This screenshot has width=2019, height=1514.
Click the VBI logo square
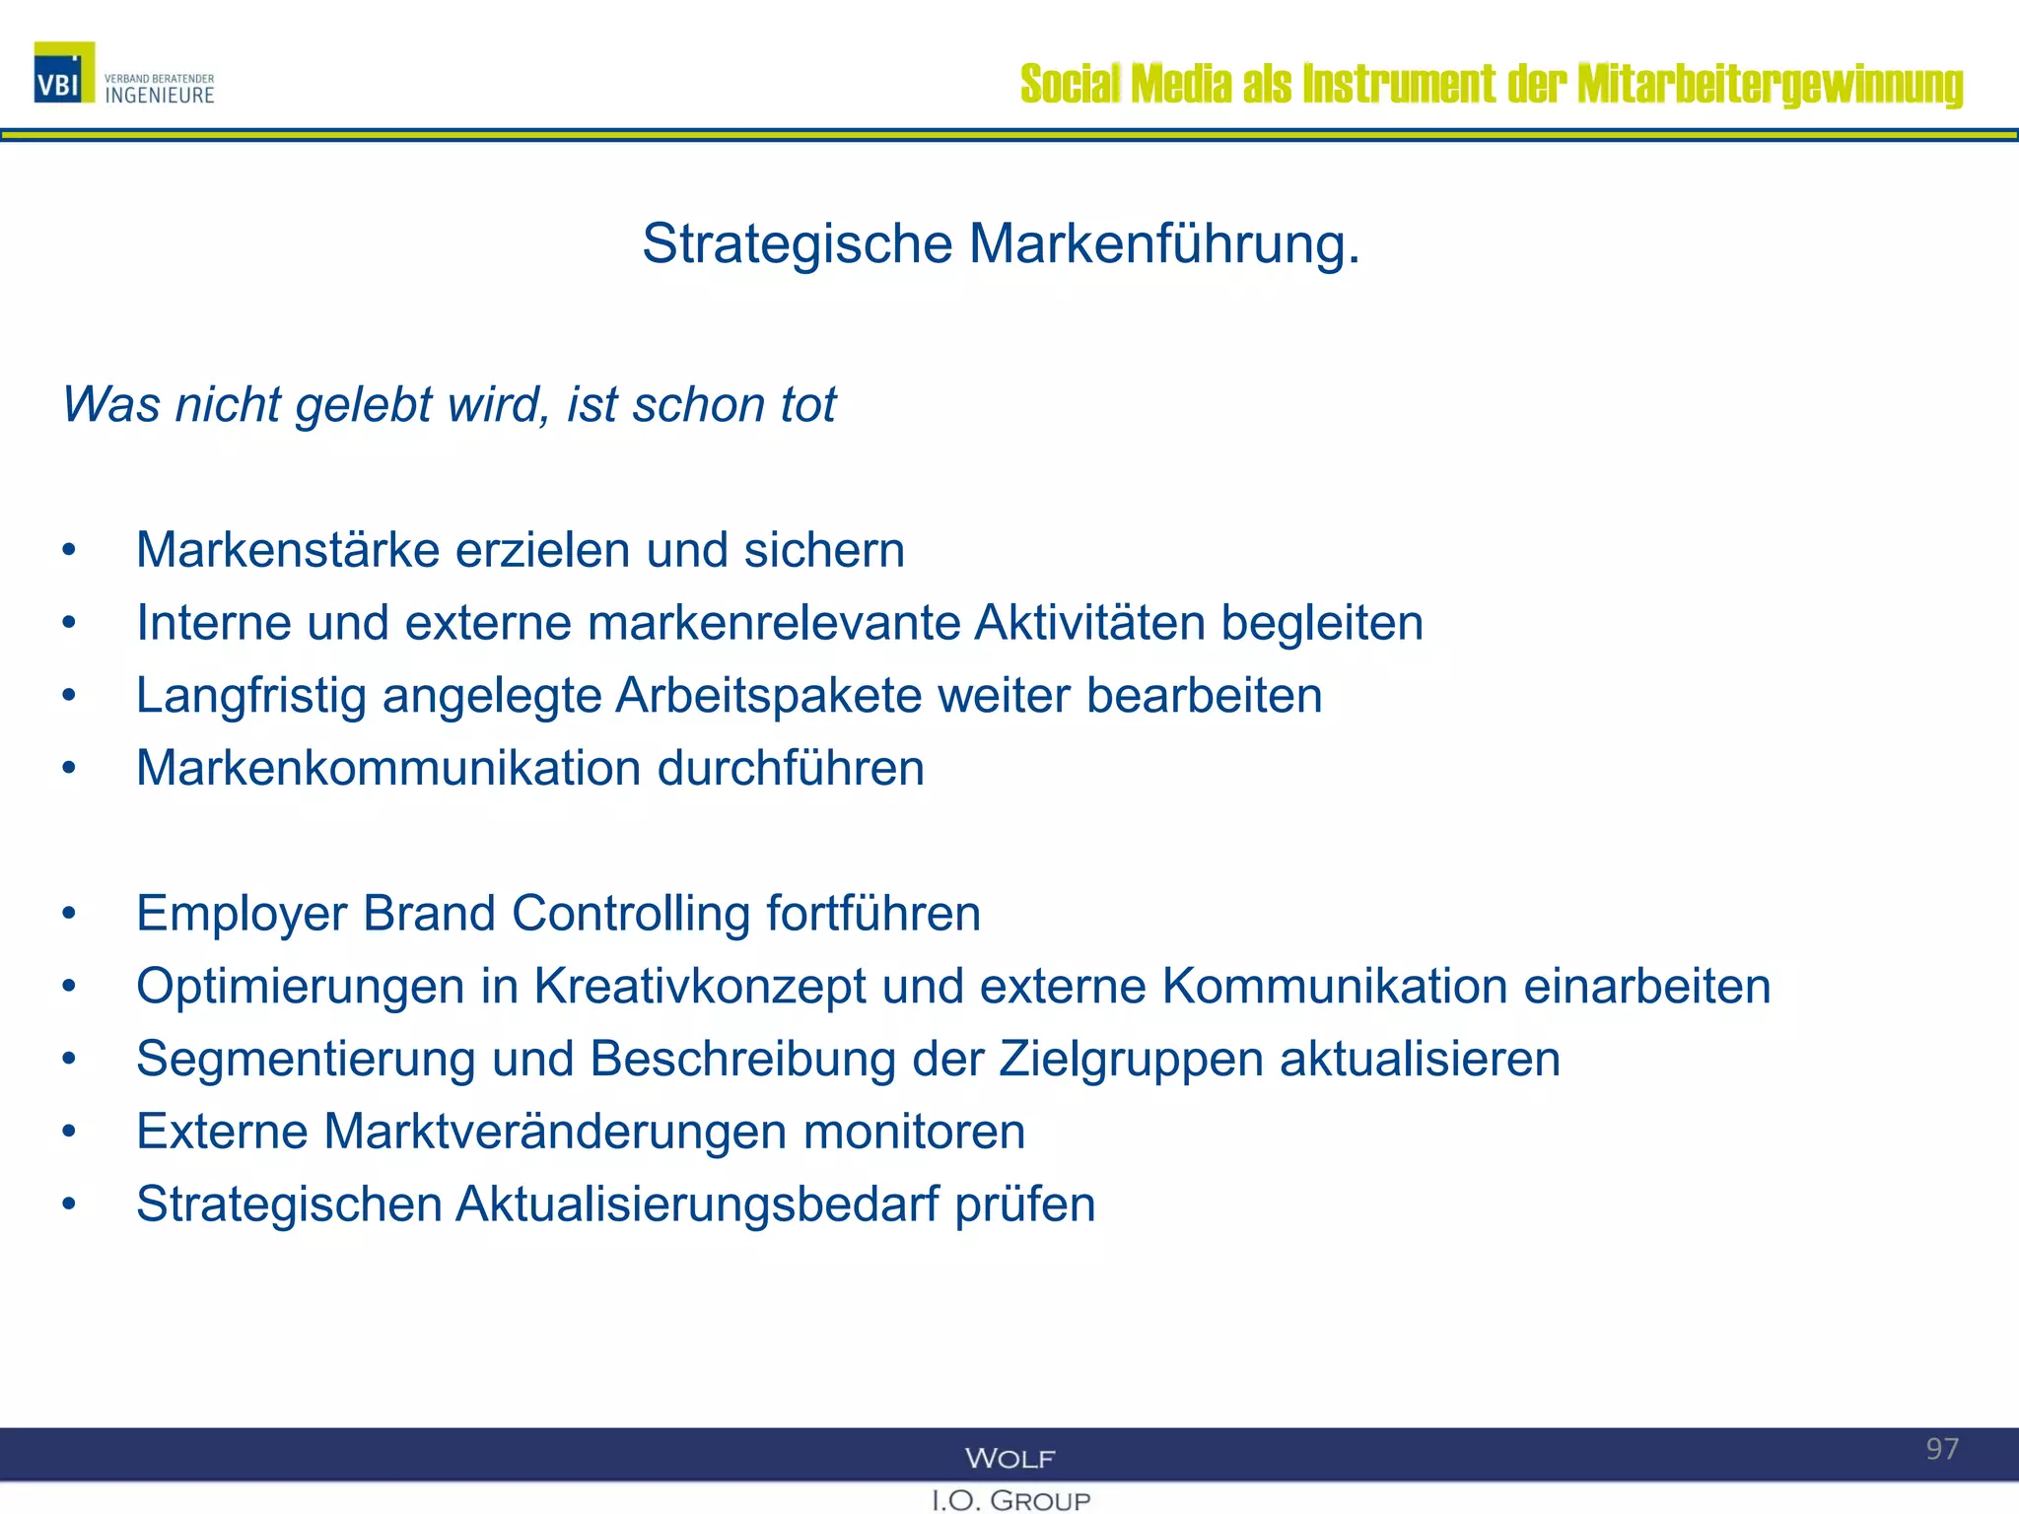click(x=64, y=73)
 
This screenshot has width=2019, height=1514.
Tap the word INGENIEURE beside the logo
click(x=160, y=96)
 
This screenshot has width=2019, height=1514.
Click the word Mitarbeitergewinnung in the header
click(x=1771, y=84)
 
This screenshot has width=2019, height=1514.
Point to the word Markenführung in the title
click(x=1163, y=243)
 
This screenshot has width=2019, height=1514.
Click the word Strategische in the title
click(x=797, y=243)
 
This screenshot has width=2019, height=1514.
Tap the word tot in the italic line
click(x=808, y=404)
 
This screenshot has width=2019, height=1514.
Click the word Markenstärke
click(x=287, y=550)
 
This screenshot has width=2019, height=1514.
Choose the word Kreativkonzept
click(x=700, y=987)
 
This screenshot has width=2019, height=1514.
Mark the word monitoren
click(x=914, y=1132)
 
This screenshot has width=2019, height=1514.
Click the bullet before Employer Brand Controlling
click(x=68, y=914)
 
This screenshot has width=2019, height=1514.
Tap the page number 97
click(x=1942, y=1449)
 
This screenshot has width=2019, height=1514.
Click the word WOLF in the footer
click(x=1009, y=1458)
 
